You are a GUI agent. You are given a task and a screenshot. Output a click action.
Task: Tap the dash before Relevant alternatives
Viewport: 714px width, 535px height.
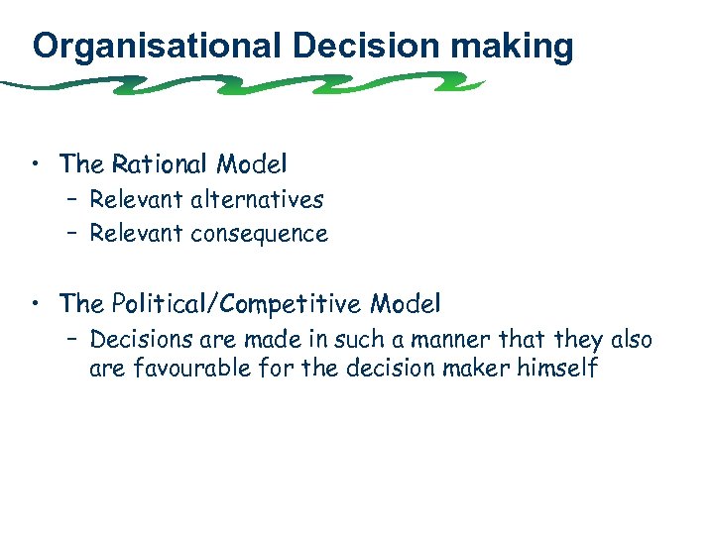click(75, 200)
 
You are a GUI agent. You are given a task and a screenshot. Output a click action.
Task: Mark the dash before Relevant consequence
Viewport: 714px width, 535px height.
click(75, 235)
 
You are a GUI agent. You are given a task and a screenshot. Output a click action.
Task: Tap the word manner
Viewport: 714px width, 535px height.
click(448, 340)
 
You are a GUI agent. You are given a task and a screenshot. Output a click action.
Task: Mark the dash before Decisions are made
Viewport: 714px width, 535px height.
click(75, 340)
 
